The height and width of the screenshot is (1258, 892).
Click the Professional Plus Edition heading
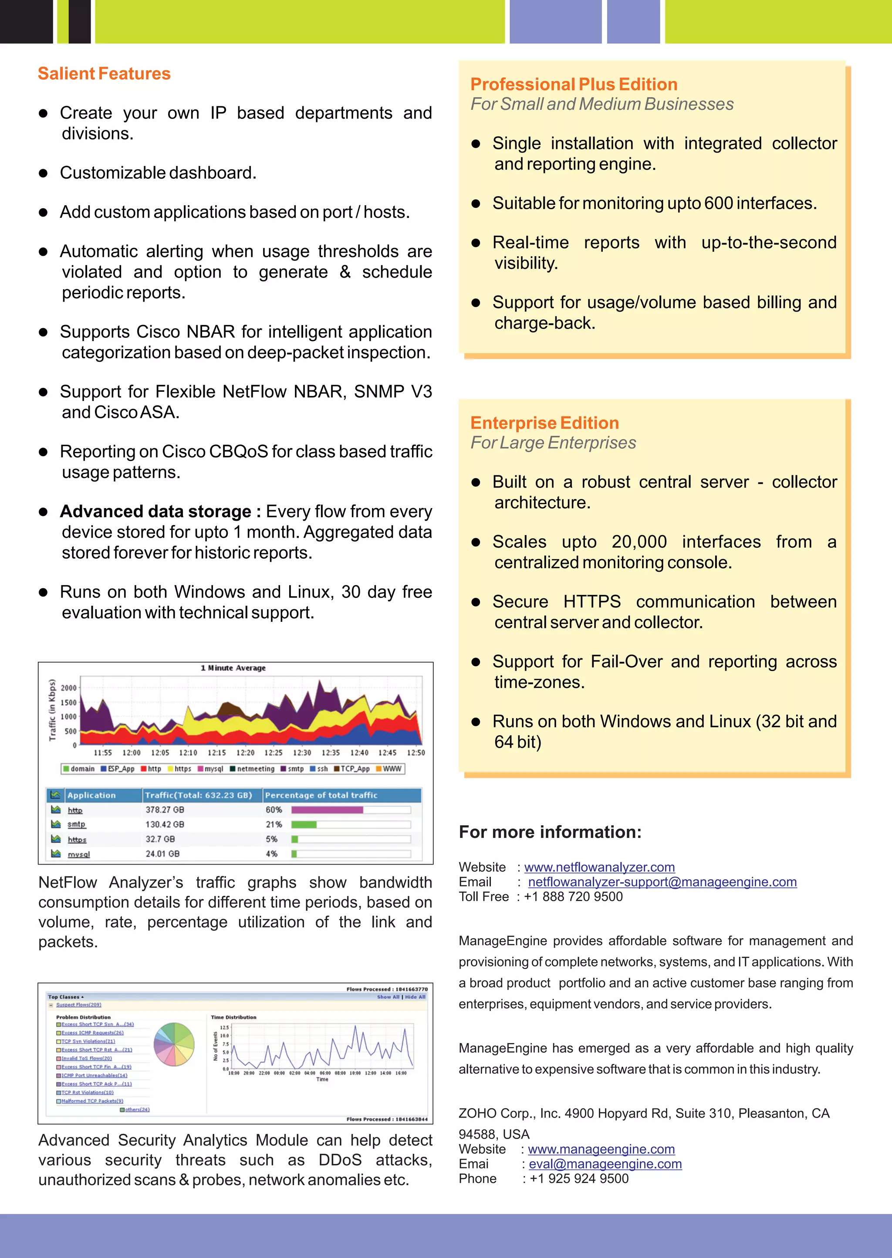point(574,84)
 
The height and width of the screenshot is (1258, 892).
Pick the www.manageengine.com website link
point(601,1149)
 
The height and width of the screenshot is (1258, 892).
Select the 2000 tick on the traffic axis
point(69,688)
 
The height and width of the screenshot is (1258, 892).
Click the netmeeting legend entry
point(255,769)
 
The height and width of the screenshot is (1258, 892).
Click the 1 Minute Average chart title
point(233,668)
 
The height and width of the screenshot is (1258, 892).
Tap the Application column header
point(92,795)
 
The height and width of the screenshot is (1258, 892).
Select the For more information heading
point(550,832)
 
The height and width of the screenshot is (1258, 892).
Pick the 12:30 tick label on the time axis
point(301,753)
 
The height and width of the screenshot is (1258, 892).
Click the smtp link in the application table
point(76,824)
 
